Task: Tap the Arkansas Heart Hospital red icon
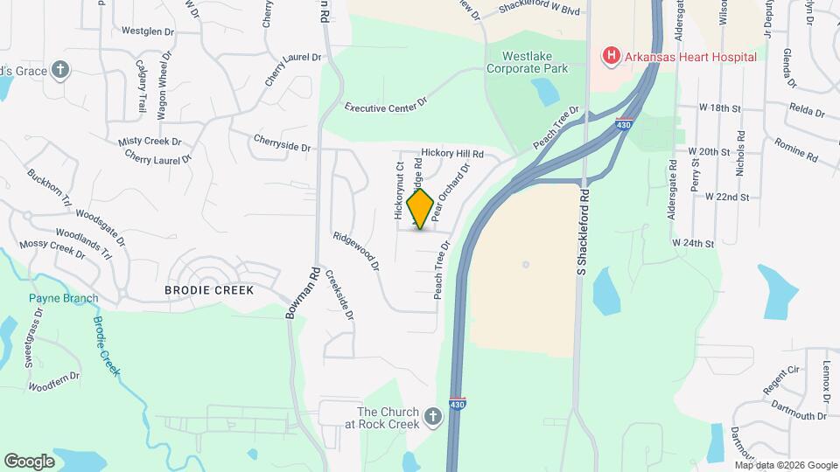click(x=611, y=57)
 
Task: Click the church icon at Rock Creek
click(x=432, y=418)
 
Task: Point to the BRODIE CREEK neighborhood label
click(x=209, y=290)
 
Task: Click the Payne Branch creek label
click(x=63, y=298)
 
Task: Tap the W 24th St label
click(x=693, y=242)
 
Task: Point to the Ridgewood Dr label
click(x=355, y=250)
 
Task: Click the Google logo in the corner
click(x=29, y=461)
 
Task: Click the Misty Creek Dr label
click(x=150, y=141)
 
